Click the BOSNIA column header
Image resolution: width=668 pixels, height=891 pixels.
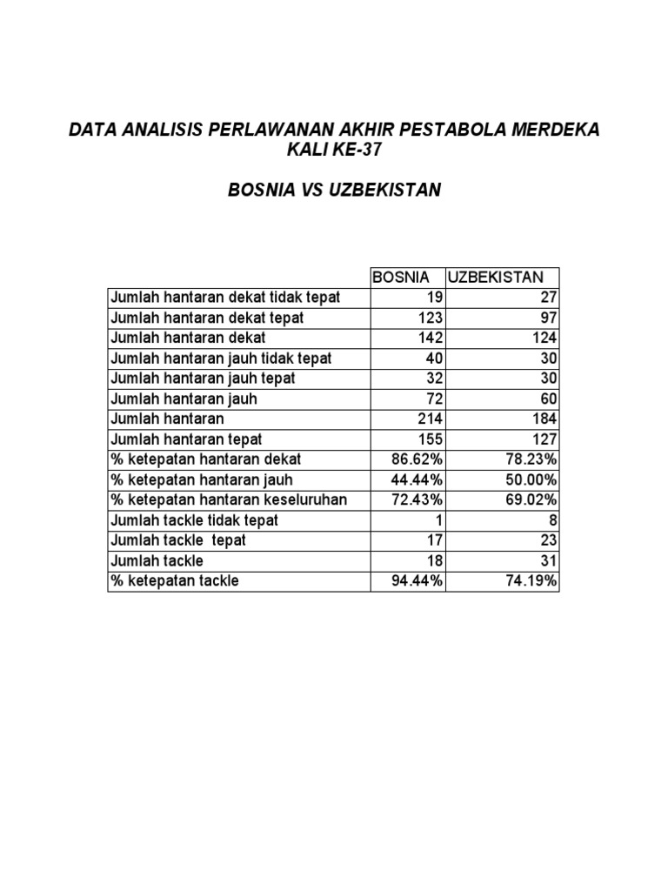401,278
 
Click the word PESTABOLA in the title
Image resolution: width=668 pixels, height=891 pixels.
438,131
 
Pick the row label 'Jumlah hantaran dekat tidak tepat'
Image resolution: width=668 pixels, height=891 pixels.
224,298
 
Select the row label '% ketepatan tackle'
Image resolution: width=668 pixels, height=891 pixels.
174,580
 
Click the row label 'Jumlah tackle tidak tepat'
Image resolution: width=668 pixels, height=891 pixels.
194,520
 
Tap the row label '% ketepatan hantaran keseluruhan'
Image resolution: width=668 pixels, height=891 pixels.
228,499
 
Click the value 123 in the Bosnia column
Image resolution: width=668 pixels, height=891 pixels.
430,318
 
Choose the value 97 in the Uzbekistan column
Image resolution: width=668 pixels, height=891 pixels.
547,318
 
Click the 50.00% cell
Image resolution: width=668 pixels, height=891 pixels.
531,479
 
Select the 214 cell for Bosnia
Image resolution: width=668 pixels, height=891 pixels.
430,419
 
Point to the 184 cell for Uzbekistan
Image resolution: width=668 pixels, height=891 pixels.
544,419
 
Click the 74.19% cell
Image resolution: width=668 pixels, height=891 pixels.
531,580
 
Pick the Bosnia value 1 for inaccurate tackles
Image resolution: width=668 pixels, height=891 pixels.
439,520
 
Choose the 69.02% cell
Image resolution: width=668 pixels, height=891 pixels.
531,499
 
